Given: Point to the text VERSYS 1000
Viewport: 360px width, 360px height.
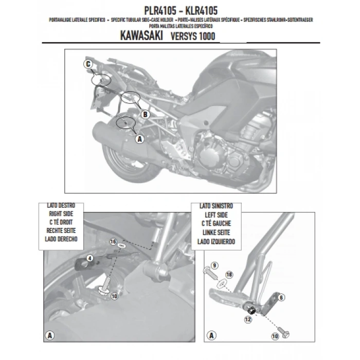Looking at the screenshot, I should tap(192, 38).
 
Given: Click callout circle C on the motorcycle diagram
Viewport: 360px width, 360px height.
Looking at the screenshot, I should tap(88, 64).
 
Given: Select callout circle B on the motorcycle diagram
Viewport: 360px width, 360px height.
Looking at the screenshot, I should tap(145, 114).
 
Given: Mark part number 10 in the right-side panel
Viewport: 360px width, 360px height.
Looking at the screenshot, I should tap(114, 296).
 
